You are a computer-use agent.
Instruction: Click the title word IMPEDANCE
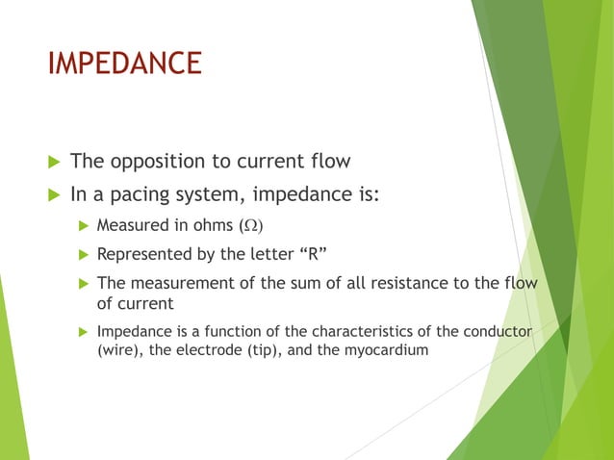[125, 64]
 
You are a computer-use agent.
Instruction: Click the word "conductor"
[498, 332]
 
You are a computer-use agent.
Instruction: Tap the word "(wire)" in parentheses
[119, 350]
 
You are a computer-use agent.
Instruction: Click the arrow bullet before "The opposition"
[54, 160]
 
